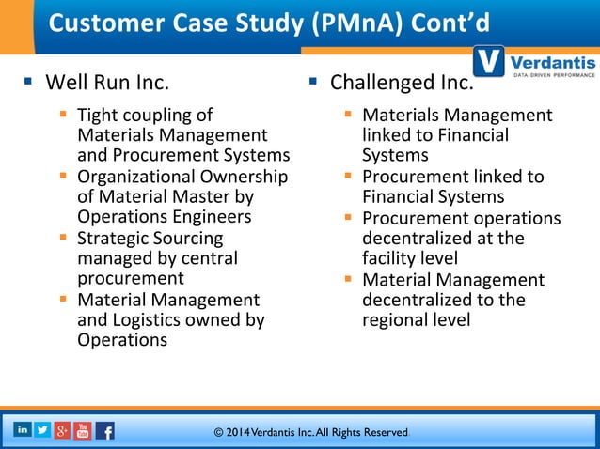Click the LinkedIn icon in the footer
click(x=22, y=429)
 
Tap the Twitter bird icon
click(x=42, y=429)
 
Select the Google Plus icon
click(x=62, y=430)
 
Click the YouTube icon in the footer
click(x=83, y=430)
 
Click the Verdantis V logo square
click(x=489, y=63)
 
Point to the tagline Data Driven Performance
click(x=551, y=74)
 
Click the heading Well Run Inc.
click(x=107, y=84)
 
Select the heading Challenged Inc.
click(x=401, y=84)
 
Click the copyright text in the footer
click(x=310, y=432)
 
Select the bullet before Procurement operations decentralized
click(x=348, y=217)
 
